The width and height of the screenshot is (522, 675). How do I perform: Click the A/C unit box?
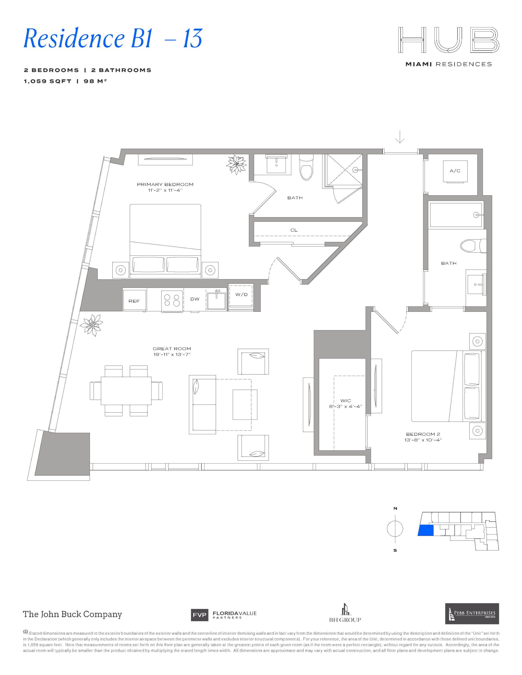coord(455,171)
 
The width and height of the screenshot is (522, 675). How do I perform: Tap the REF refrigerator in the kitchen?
coord(135,300)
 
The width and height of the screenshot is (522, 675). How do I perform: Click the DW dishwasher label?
coord(194,299)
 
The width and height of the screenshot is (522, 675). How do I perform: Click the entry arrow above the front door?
coord(400,137)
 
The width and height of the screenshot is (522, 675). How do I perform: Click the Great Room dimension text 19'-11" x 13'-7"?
coord(172,354)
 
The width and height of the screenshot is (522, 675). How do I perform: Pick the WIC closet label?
coord(345,401)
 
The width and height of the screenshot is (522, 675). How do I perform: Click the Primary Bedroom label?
coord(165,185)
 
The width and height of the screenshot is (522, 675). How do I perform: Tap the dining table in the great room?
coord(126,390)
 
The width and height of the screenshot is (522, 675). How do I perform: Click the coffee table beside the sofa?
coord(245,404)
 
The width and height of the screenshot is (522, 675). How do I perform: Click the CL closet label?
coord(294,230)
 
